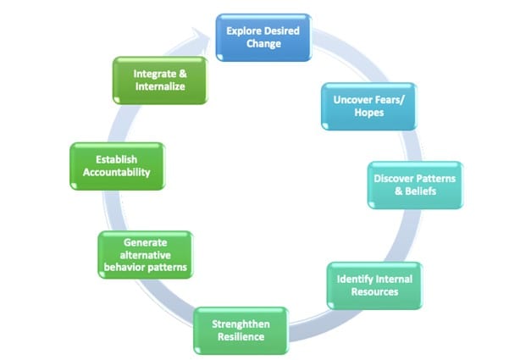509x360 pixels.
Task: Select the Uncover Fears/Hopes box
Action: (369, 106)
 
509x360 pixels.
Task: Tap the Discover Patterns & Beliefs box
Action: (415, 185)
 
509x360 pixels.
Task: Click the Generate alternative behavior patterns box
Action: (144, 255)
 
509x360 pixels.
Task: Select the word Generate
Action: (144, 241)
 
